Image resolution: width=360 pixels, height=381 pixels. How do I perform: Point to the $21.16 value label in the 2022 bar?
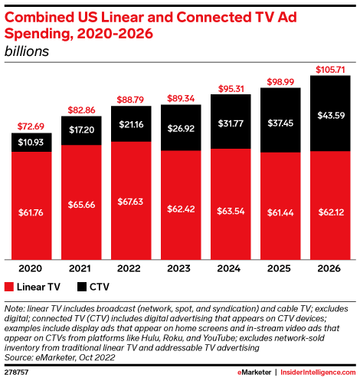point(131,125)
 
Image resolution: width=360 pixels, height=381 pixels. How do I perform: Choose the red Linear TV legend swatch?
point(9,287)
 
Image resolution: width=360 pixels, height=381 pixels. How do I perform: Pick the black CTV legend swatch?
point(78,287)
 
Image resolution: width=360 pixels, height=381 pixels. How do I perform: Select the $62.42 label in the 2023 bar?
point(181,205)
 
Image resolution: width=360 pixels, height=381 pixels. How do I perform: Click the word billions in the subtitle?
point(27,51)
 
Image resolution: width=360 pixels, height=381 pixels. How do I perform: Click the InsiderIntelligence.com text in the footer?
point(316,371)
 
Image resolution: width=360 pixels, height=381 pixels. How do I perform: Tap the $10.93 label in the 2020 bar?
point(31,143)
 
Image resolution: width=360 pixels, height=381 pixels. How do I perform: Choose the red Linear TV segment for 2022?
point(131,205)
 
